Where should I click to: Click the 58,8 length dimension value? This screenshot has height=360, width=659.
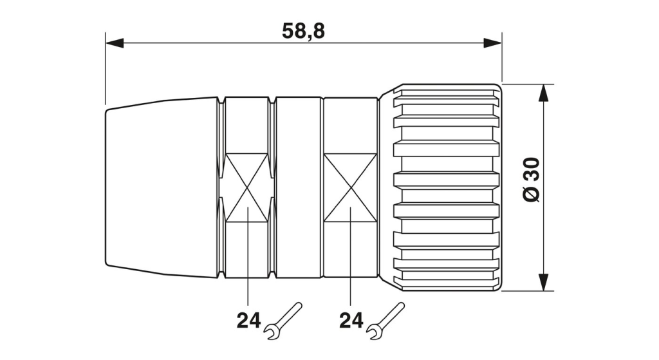point(303,32)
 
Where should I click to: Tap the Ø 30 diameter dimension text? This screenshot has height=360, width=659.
point(532,180)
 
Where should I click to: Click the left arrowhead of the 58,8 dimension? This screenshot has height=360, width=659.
point(115,43)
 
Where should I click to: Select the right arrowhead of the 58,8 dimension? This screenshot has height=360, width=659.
point(492,43)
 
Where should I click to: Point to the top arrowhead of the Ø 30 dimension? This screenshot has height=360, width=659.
point(544,93)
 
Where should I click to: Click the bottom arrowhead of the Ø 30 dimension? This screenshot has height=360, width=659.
point(544,281)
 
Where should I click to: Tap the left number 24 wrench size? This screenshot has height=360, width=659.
point(248,321)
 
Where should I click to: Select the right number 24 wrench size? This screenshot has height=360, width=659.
point(351,321)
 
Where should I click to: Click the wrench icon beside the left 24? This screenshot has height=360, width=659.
point(283,321)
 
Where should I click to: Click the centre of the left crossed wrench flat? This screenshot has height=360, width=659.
point(247,187)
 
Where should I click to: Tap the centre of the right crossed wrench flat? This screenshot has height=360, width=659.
point(351,187)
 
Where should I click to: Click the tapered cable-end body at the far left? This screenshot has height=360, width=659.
point(162,187)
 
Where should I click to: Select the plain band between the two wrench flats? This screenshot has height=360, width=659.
point(299,187)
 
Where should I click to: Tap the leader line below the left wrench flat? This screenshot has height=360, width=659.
point(248,256)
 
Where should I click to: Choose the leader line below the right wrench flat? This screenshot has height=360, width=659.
point(351,256)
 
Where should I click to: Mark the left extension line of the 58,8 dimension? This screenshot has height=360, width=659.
point(106,68)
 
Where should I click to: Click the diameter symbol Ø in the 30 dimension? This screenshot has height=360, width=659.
point(532,194)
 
